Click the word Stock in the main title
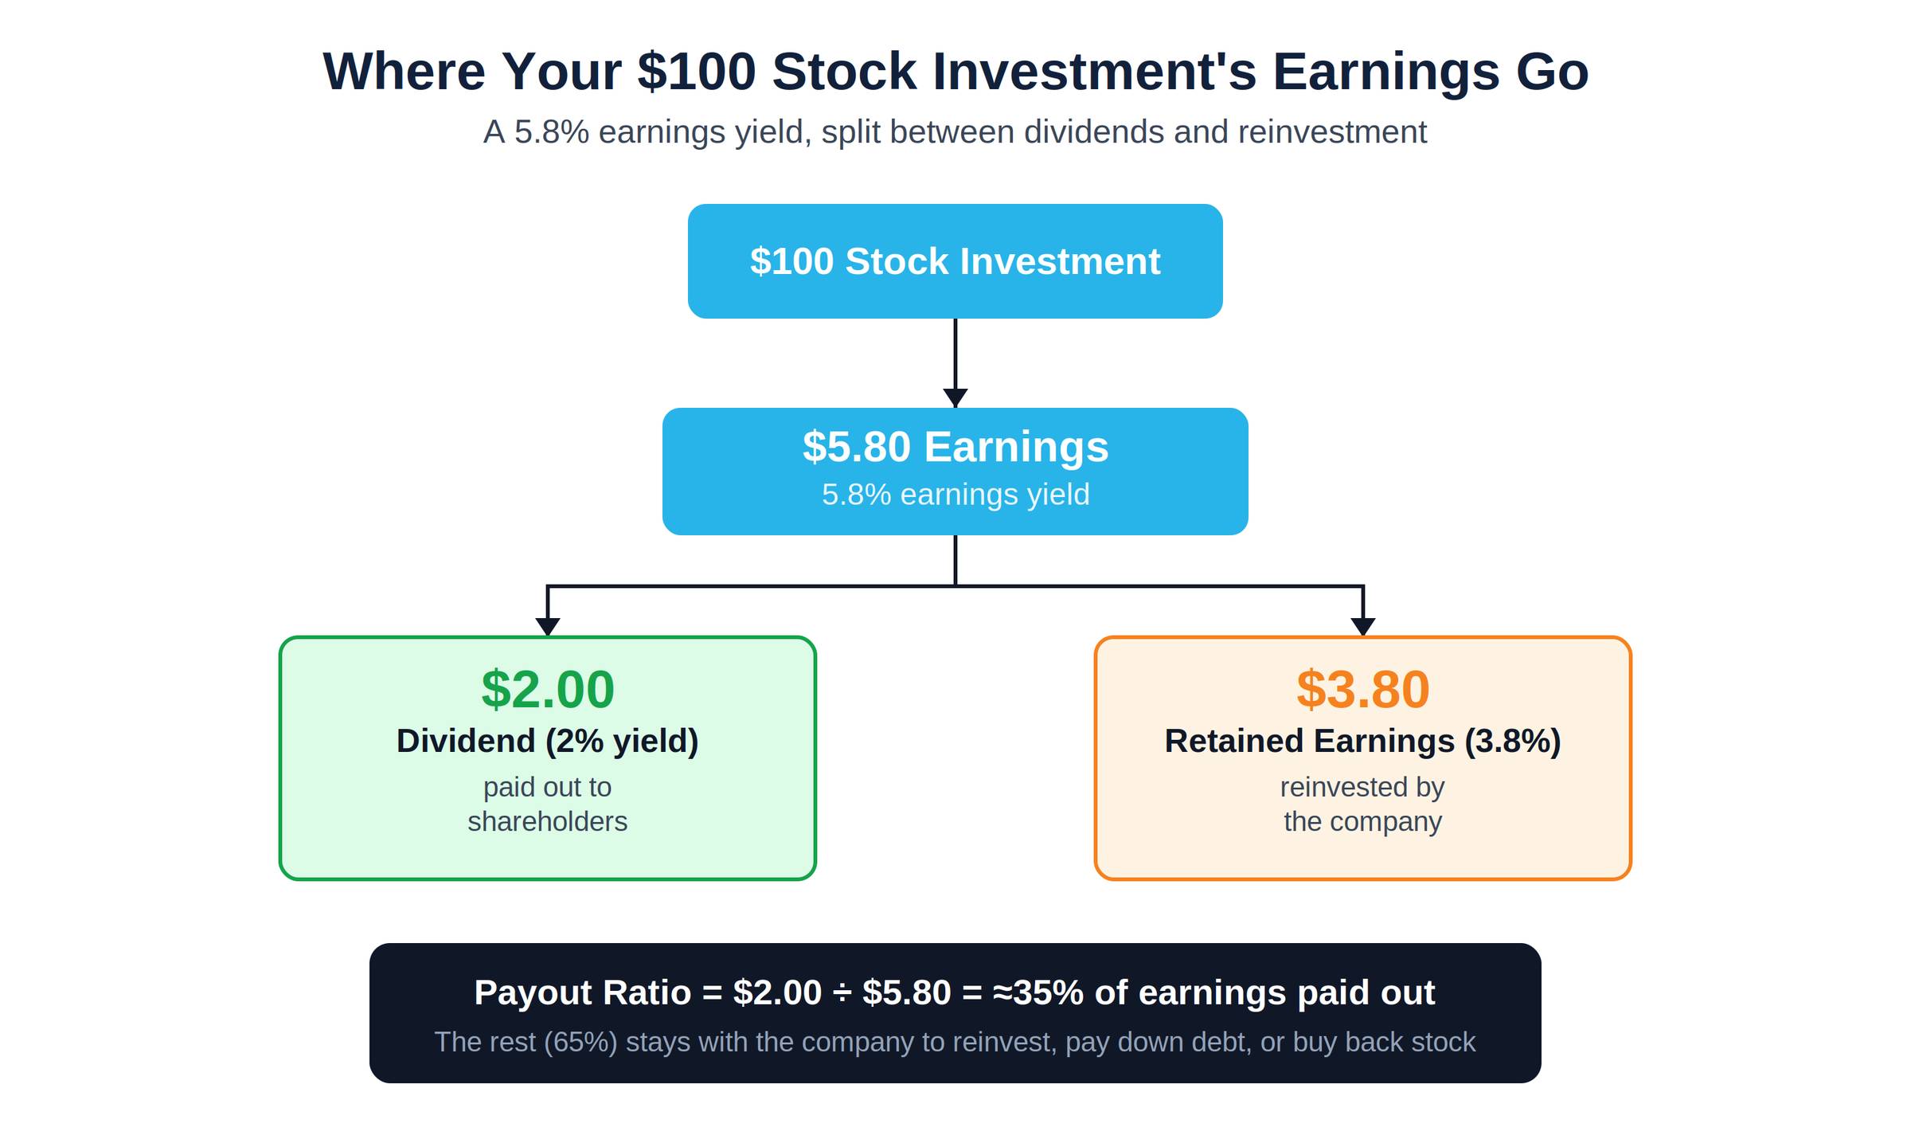pyautogui.click(x=844, y=72)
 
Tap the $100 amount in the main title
pyautogui.click(x=697, y=72)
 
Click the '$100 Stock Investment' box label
pyautogui.click(x=955, y=261)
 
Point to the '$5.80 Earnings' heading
pyautogui.click(x=955, y=447)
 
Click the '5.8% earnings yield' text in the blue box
pyautogui.click(x=955, y=495)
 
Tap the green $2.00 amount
pyautogui.click(x=548, y=689)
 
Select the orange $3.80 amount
pyautogui.click(x=1363, y=689)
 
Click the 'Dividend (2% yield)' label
pyautogui.click(x=548, y=742)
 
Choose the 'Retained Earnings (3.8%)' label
pyautogui.click(x=1363, y=742)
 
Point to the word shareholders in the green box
pyautogui.click(x=548, y=821)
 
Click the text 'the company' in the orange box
pyautogui.click(x=1363, y=822)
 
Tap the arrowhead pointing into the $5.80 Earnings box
pyautogui.click(x=955, y=398)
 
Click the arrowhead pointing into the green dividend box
pyautogui.click(x=548, y=627)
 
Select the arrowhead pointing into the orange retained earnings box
pyautogui.click(x=1363, y=627)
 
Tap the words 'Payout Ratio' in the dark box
pyautogui.click(x=583, y=993)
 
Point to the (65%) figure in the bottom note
pyautogui.click(x=580, y=1043)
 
